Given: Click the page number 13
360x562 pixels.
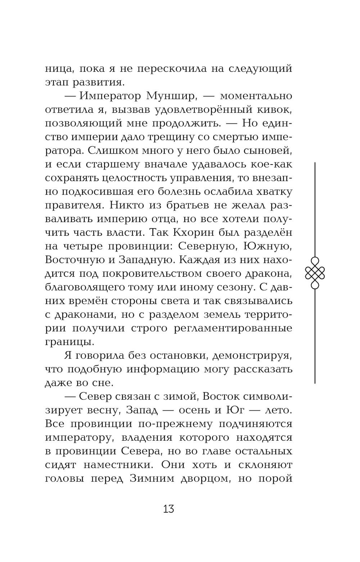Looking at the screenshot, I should point(168,509).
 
